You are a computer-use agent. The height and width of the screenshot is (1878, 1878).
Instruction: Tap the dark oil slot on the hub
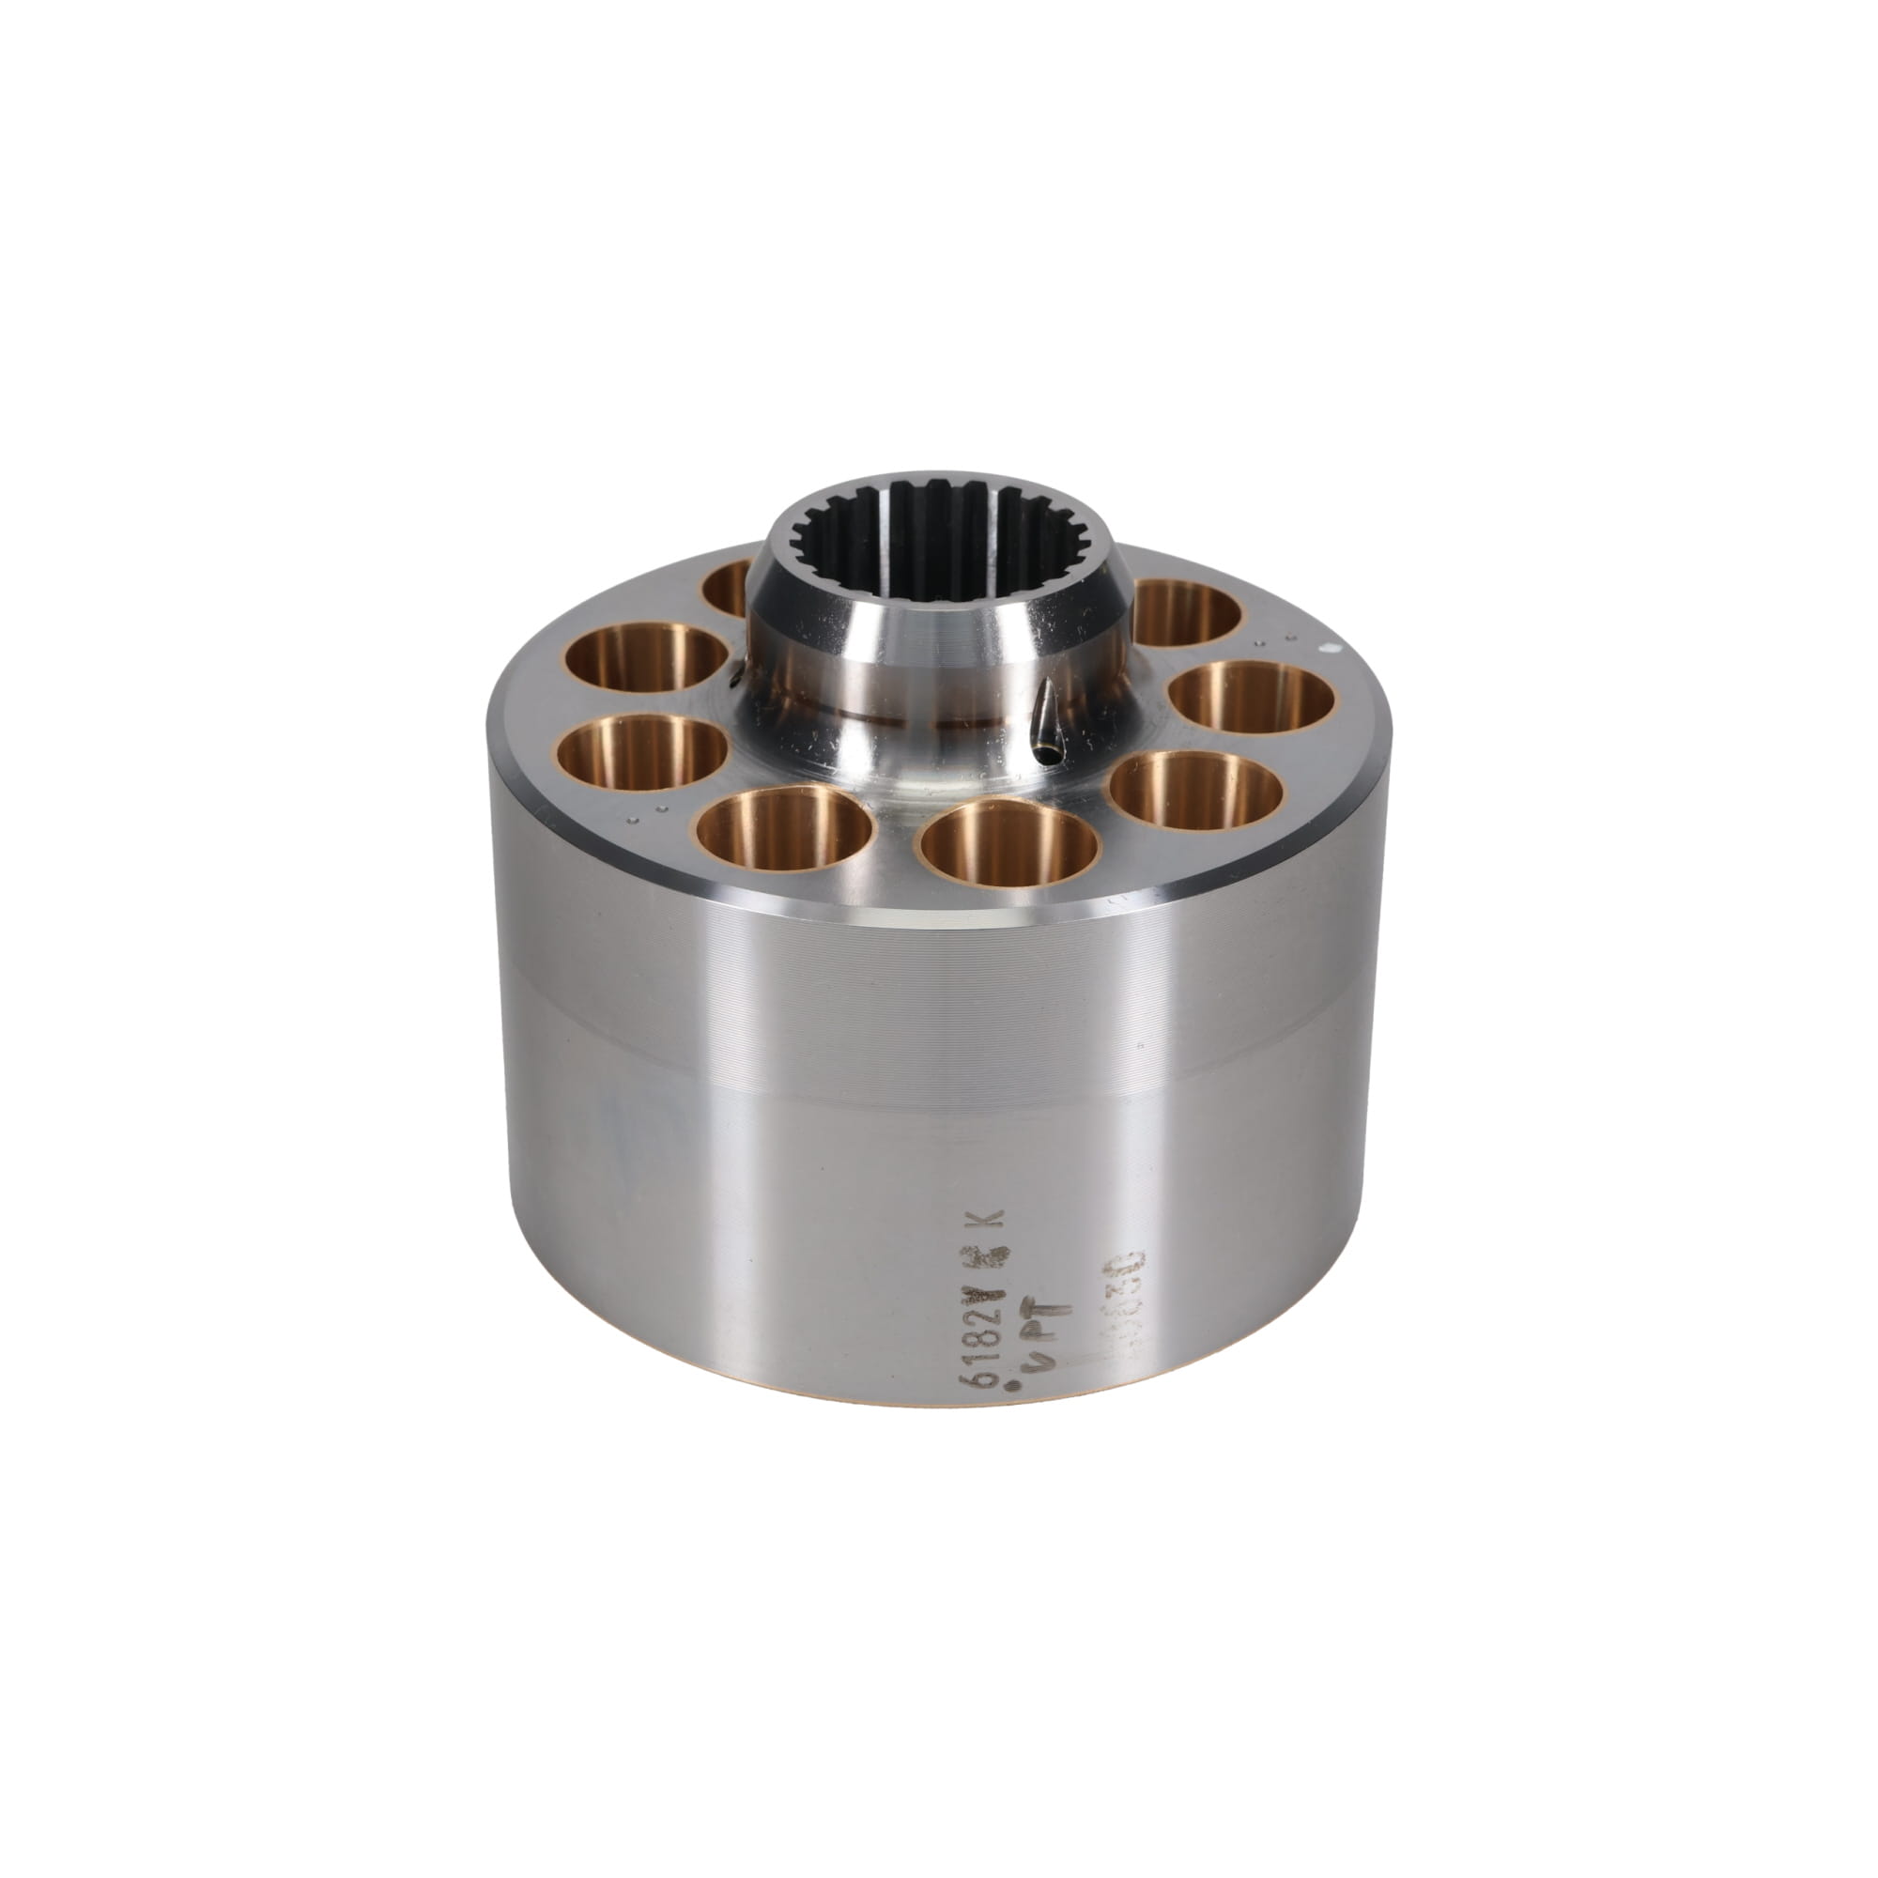(1046, 725)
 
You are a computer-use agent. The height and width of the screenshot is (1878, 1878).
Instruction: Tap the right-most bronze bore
(1250, 698)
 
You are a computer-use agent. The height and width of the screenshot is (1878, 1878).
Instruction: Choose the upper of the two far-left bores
(646, 657)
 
